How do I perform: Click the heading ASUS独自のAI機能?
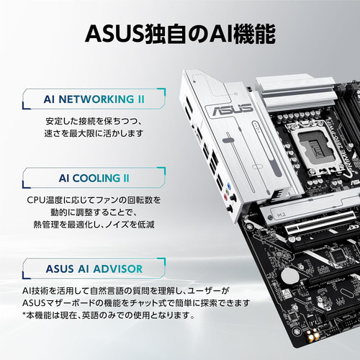pos(179,34)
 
